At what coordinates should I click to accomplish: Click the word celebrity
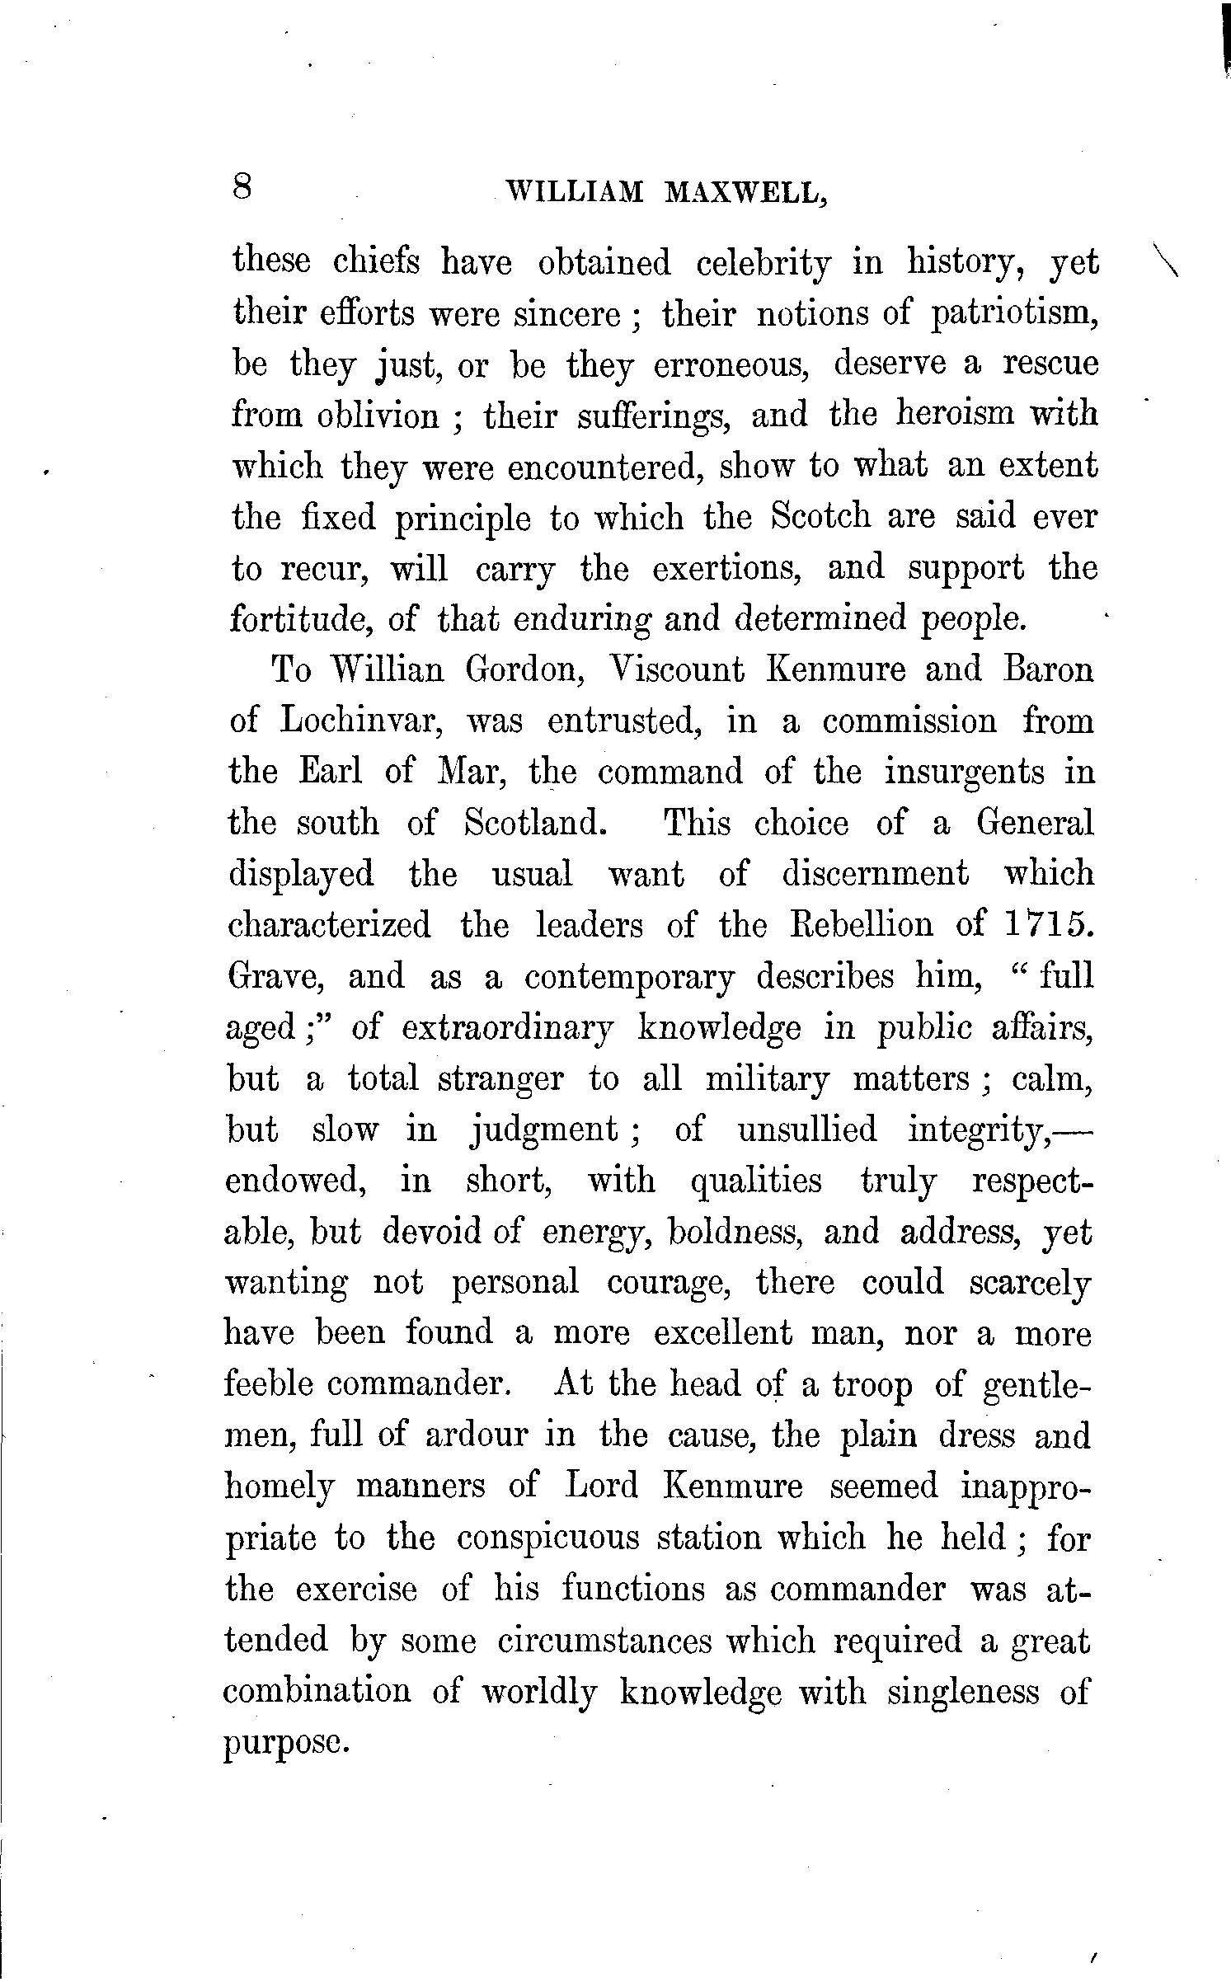pos(764,264)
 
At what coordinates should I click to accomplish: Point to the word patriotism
pos(1014,316)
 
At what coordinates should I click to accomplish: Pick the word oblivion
pos(378,417)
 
